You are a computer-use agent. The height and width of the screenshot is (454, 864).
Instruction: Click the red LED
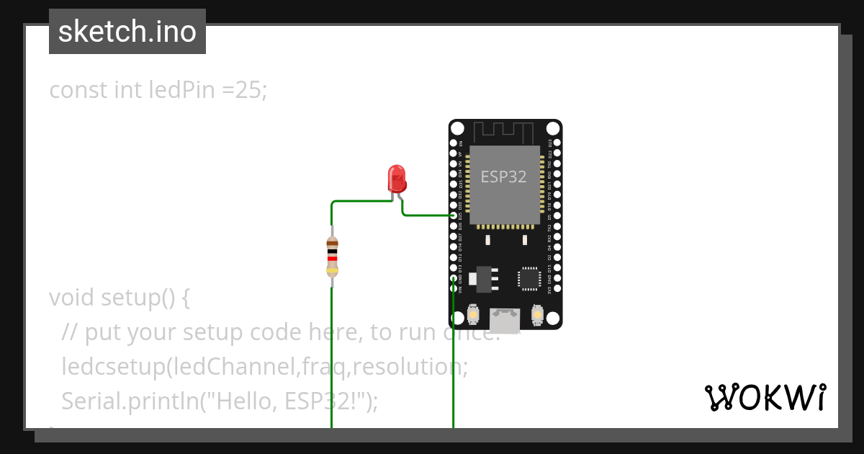coord(396,177)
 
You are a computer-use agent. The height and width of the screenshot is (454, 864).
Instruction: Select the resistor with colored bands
coord(332,257)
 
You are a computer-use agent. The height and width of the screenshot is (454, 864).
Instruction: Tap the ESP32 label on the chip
coord(504,177)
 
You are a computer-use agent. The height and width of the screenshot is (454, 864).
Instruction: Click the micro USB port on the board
coord(505,317)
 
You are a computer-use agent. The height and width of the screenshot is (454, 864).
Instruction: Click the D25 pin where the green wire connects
coord(454,215)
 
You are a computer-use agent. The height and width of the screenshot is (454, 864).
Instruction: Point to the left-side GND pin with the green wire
coord(454,278)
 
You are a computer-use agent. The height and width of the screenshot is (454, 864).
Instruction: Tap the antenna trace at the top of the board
coord(505,131)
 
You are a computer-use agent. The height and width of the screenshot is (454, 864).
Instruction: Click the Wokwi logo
coord(765,398)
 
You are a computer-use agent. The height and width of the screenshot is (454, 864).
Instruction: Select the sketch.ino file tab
coord(127,32)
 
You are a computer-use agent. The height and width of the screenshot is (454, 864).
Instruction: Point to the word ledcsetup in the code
coord(112,367)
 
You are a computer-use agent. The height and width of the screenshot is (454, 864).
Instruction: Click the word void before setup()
coord(72,298)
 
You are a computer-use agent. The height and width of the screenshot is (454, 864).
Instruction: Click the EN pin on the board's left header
coord(454,143)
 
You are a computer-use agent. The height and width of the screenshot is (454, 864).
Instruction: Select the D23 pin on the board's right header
coord(557,143)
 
